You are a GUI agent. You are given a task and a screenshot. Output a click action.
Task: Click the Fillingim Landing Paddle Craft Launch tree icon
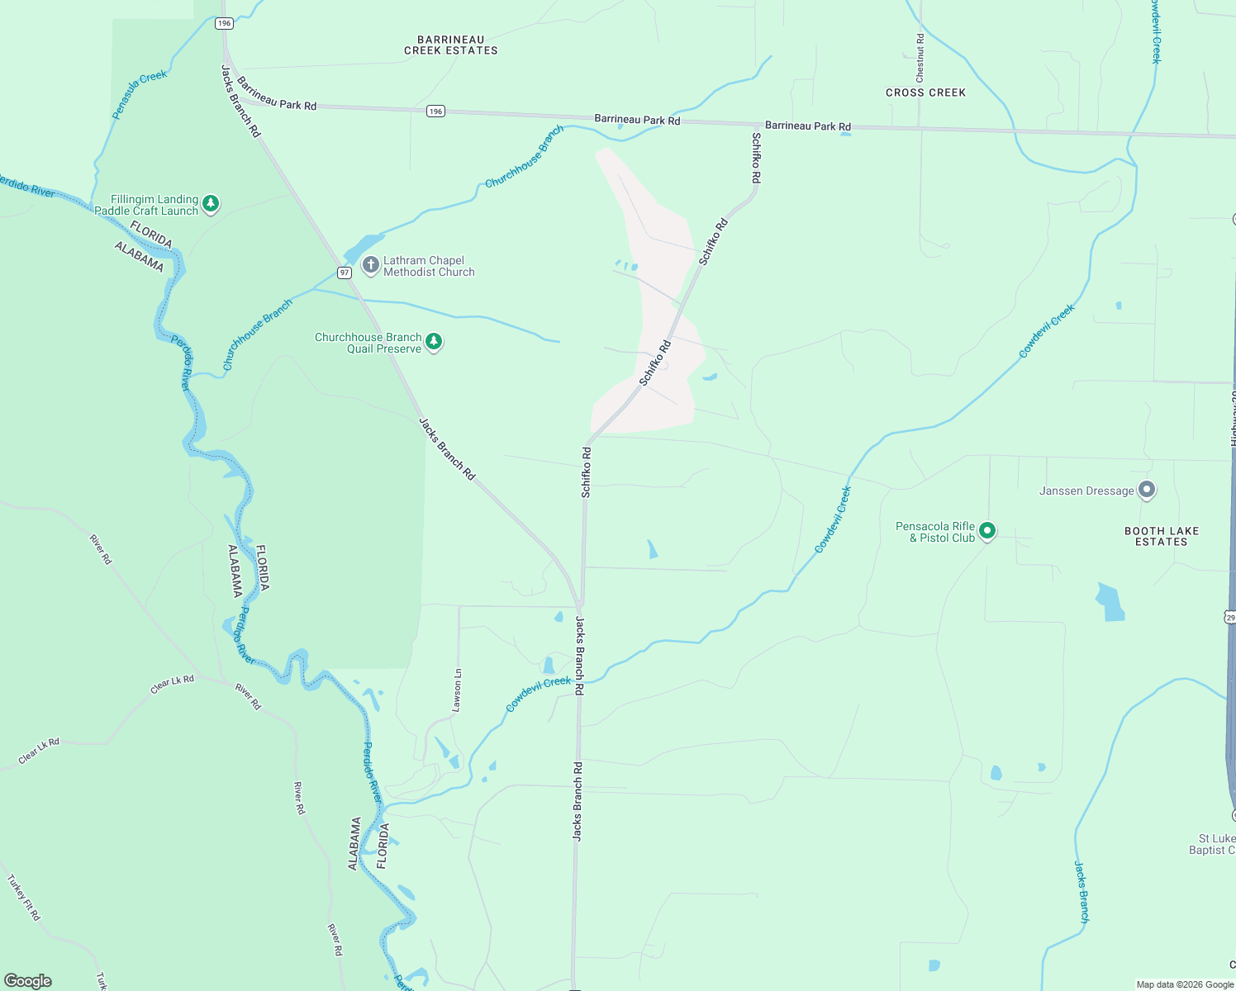pyautogui.click(x=211, y=203)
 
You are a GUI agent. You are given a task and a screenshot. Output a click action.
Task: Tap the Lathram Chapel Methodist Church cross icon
pyautogui.click(x=371, y=265)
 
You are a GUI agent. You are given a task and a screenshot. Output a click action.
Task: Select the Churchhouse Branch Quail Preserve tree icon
pyautogui.click(x=434, y=342)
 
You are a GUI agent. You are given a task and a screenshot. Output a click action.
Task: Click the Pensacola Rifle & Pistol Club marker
pyautogui.click(x=987, y=532)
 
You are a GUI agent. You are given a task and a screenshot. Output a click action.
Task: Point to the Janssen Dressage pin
pyautogui.click(x=1147, y=490)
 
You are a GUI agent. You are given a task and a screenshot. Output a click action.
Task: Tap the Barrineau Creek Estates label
pyautogui.click(x=450, y=45)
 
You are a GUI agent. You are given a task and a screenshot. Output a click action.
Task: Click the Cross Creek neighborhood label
pyautogui.click(x=925, y=92)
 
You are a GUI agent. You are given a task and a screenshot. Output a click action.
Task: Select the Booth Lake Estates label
pyautogui.click(x=1161, y=536)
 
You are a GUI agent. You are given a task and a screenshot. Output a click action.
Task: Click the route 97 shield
pyautogui.click(x=345, y=273)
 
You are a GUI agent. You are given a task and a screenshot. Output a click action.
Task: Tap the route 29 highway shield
pyautogui.click(x=1230, y=617)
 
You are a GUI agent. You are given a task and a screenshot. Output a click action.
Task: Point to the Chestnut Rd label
pyautogui.click(x=920, y=57)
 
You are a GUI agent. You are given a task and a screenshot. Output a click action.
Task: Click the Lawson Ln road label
pyautogui.click(x=457, y=690)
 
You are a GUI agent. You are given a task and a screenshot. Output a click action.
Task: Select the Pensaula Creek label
pyautogui.click(x=140, y=94)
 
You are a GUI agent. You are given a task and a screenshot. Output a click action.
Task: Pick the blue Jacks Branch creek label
pyautogui.click(x=1082, y=892)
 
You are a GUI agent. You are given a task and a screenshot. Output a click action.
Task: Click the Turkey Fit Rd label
pyautogui.click(x=24, y=898)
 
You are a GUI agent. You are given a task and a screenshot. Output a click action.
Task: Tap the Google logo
pyautogui.click(x=28, y=981)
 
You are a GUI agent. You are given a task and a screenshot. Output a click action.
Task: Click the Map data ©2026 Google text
pyautogui.click(x=1185, y=984)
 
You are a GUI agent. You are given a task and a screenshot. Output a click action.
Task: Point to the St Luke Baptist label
pyautogui.click(x=1212, y=844)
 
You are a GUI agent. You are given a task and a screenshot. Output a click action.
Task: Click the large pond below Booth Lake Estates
pyautogui.click(x=1110, y=602)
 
